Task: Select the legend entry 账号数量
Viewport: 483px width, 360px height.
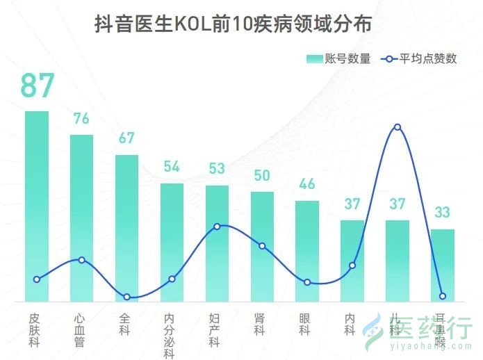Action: click(339, 59)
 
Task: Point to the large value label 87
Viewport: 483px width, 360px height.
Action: click(37, 85)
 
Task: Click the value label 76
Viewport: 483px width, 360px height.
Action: click(81, 119)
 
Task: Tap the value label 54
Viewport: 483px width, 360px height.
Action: click(172, 167)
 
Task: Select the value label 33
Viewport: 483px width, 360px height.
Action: click(442, 212)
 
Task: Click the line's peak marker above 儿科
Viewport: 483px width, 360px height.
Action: click(397, 127)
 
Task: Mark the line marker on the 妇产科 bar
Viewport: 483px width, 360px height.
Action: click(217, 227)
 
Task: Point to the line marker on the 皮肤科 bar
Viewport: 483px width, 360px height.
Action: click(37, 279)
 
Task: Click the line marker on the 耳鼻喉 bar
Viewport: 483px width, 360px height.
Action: click(442, 297)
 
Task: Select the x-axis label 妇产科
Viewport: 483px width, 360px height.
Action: click(215, 330)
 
